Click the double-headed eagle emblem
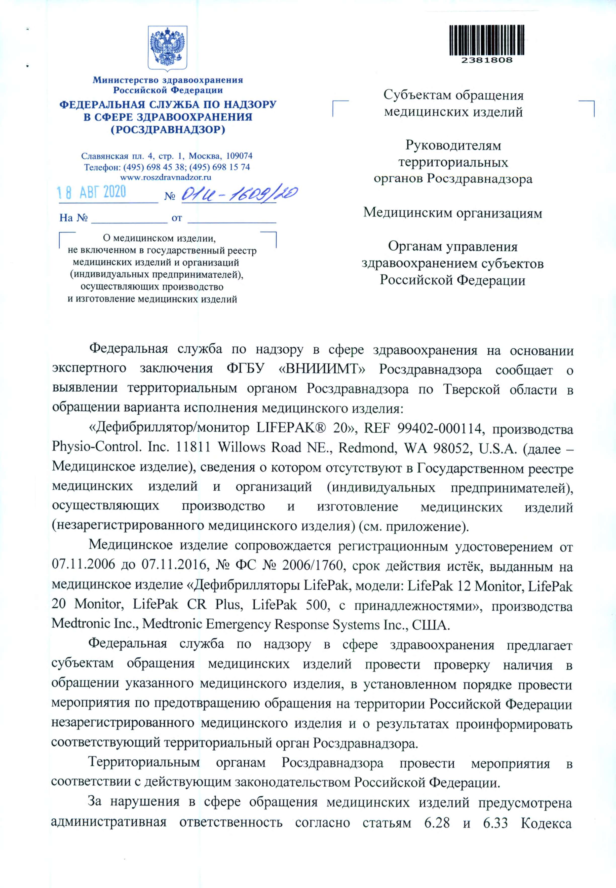tap(168, 48)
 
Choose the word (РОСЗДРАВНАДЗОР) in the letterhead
tap(168, 129)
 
